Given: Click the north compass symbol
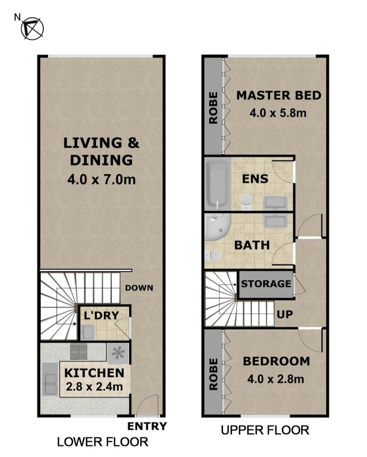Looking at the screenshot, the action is point(32,28).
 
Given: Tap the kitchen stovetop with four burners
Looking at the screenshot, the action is point(79,352).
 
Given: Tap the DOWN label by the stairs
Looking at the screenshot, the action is point(139,288).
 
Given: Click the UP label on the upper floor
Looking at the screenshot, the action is point(285,314).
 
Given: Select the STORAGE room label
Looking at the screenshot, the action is point(266,284).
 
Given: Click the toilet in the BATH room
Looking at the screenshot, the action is point(213,255).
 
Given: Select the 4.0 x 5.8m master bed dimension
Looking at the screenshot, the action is point(278,113).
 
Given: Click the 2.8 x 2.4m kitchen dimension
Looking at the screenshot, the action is point(94,387).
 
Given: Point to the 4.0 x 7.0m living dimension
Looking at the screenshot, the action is point(101,179).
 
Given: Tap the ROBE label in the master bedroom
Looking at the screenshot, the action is point(213,108).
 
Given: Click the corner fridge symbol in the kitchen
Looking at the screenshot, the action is point(118,353).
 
